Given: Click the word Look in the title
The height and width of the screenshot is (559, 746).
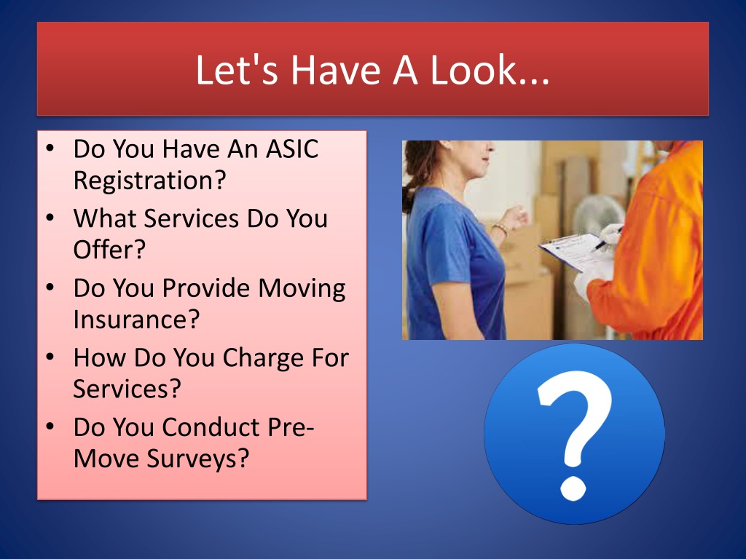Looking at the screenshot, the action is pyautogui.click(x=474, y=70).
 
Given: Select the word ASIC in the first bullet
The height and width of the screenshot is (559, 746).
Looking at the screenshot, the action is pyautogui.click(x=291, y=148).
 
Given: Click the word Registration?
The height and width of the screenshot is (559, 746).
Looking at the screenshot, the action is pyautogui.click(x=149, y=181).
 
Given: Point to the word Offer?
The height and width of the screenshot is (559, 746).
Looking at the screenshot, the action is pyautogui.click(x=109, y=250).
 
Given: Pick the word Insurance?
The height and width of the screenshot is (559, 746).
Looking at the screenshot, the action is pyautogui.click(x=136, y=319).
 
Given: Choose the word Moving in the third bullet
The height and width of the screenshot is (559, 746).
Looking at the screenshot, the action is pyautogui.click(x=302, y=288).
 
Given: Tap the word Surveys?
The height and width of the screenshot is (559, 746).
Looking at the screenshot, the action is pyautogui.click(x=198, y=459).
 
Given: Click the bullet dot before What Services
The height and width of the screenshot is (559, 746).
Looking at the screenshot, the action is pyautogui.click(x=50, y=218).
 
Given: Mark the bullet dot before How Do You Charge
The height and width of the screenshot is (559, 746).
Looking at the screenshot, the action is pyautogui.click(x=50, y=357).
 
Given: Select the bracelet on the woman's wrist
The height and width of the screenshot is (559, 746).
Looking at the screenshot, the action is pyautogui.click(x=500, y=229).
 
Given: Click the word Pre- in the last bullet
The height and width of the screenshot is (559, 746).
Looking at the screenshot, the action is pyautogui.click(x=291, y=427).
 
